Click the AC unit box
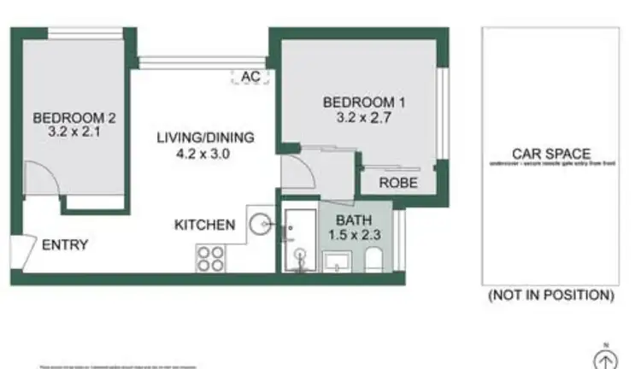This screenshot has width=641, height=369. click(250, 77)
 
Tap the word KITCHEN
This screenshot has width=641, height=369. click(204, 225)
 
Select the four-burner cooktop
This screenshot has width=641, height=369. click(209, 258)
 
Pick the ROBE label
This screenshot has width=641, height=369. click(397, 183)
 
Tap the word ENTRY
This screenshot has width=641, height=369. click(65, 245)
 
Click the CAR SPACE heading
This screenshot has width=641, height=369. click(550, 153)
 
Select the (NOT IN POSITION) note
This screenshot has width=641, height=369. click(550, 296)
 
